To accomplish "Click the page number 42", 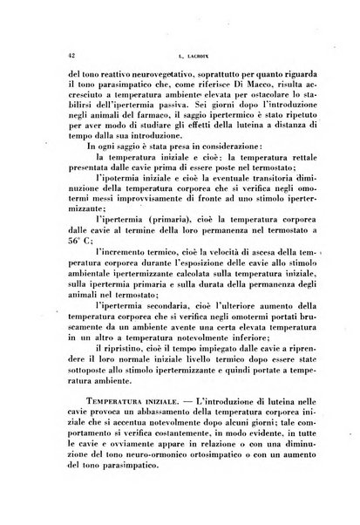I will pyautogui.click(x=58, y=53).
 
